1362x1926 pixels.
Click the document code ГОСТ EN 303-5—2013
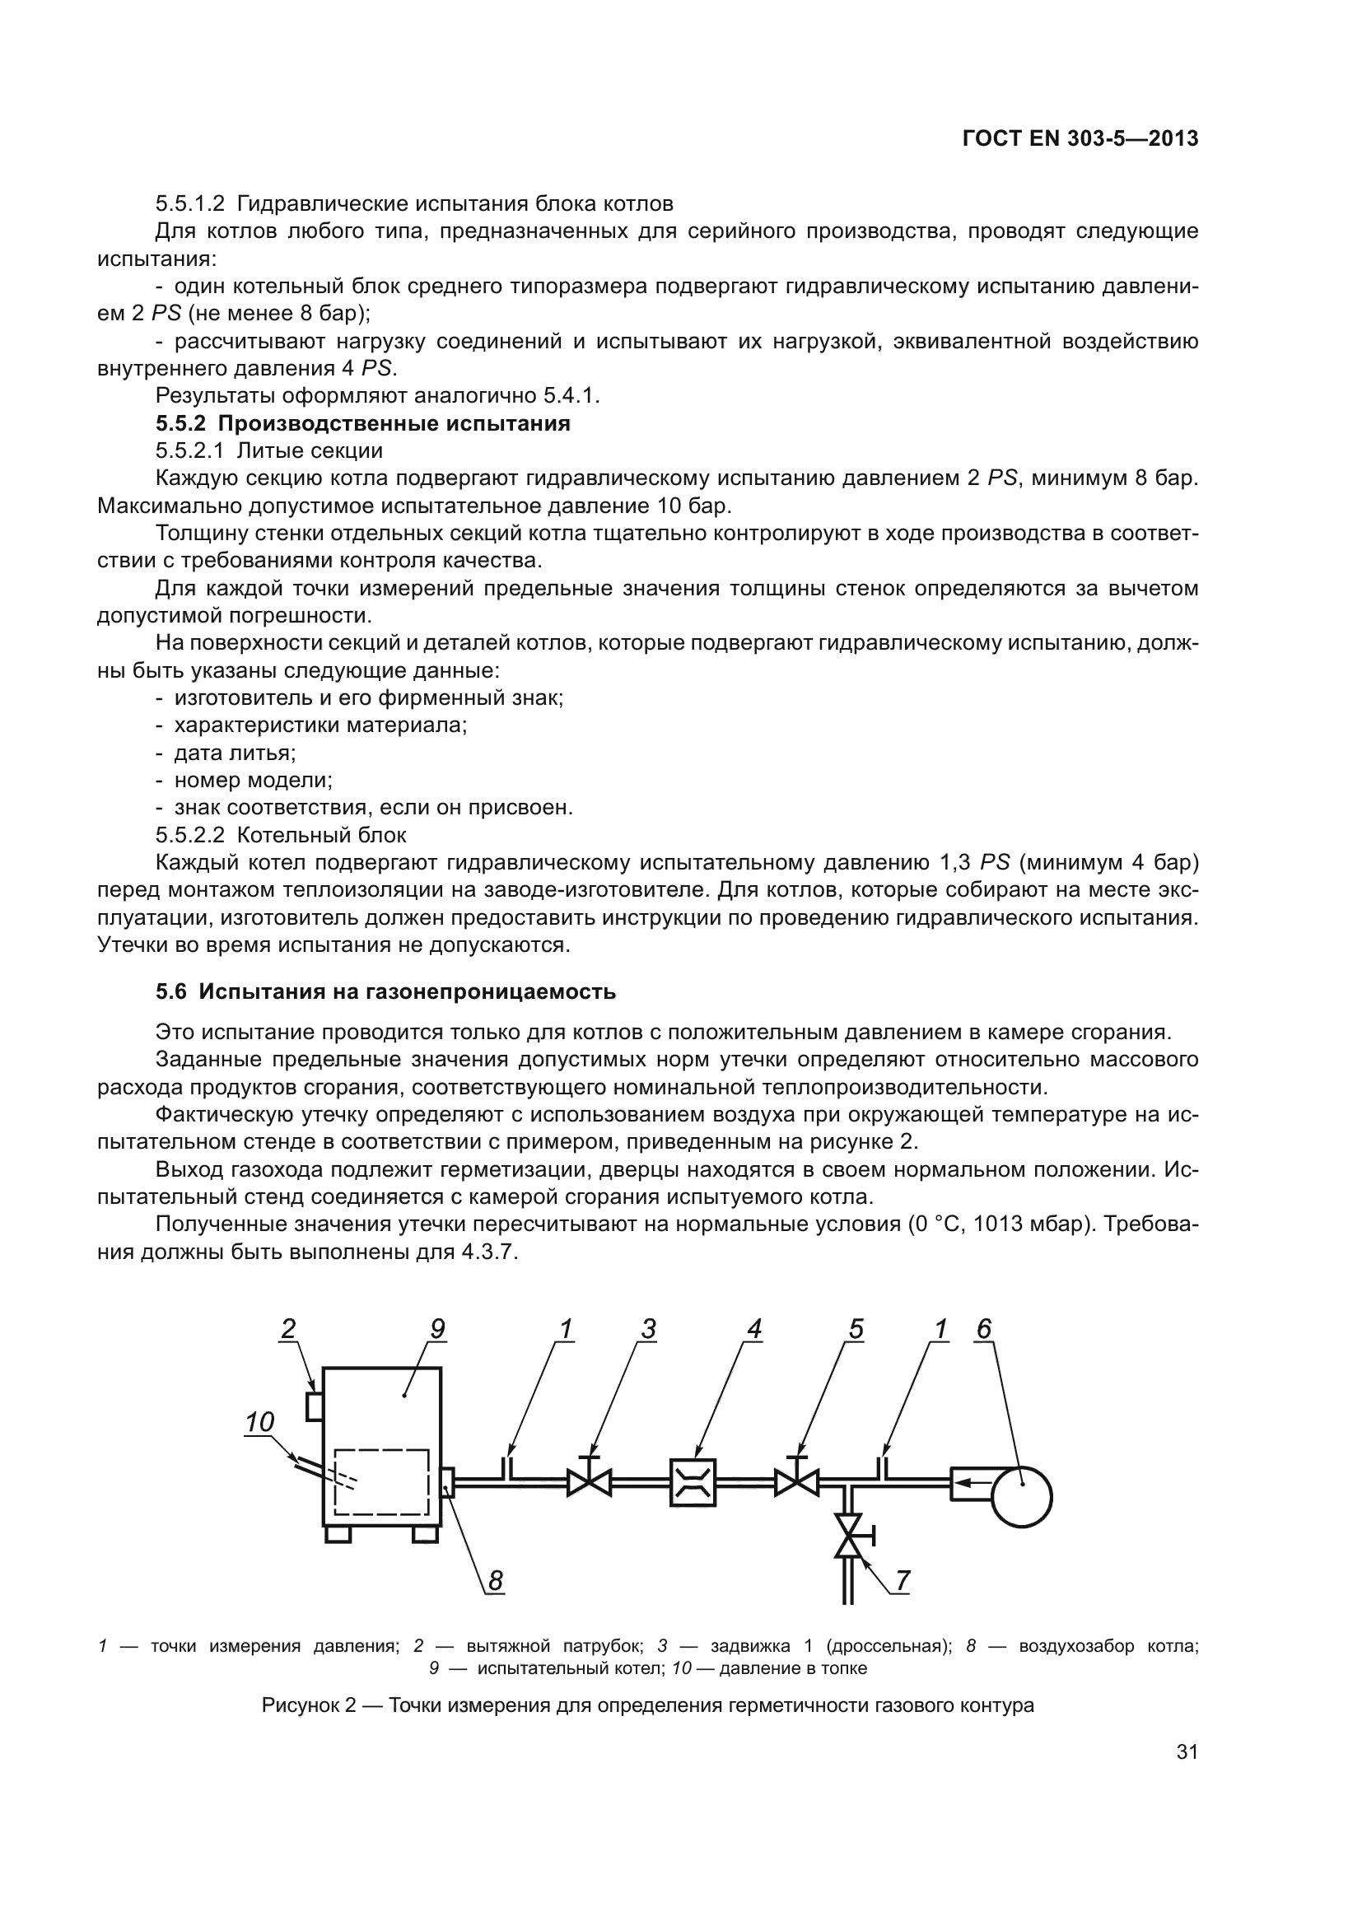click(x=1080, y=139)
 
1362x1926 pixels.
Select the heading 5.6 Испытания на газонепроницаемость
click(x=385, y=991)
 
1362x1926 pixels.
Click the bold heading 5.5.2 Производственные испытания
click(x=362, y=423)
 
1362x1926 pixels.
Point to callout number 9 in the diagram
click(x=437, y=1329)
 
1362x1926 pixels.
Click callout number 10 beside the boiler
click(x=260, y=1421)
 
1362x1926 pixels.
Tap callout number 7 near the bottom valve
click(x=903, y=1579)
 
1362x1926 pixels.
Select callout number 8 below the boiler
click(x=496, y=1580)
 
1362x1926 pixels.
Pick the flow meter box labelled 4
click(x=693, y=1482)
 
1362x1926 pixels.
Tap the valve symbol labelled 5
click(x=797, y=1481)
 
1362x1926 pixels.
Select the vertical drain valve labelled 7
click(x=849, y=1534)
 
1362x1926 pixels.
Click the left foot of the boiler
click(x=338, y=1533)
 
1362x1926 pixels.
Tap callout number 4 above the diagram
click(x=754, y=1329)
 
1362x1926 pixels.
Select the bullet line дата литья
click(x=234, y=753)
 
